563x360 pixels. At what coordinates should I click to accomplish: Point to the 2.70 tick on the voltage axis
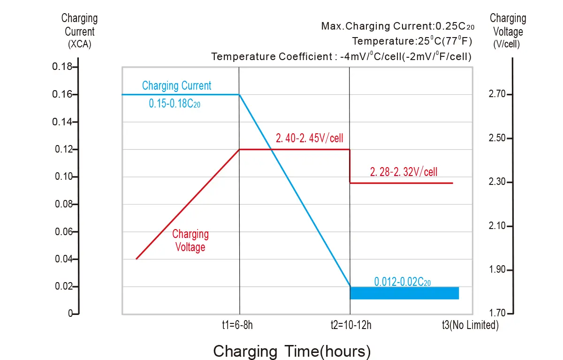pyautogui.click(x=498, y=95)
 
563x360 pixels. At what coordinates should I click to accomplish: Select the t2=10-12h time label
pyautogui.click(x=350, y=325)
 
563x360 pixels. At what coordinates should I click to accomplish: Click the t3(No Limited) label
pyautogui.click(x=470, y=325)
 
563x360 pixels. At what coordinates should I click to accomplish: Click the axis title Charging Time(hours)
pyautogui.click(x=292, y=351)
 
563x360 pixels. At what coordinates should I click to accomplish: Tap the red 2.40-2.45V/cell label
pyautogui.click(x=310, y=138)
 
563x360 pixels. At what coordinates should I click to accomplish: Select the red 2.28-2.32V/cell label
pyautogui.click(x=403, y=172)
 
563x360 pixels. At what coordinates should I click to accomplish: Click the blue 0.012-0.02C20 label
pyautogui.click(x=403, y=282)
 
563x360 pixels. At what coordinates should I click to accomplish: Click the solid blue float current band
pyautogui.click(x=404, y=293)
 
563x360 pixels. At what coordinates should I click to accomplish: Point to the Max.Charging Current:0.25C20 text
pyautogui.click(x=397, y=26)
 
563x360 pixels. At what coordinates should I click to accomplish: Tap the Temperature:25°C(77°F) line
pyautogui.click(x=412, y=41)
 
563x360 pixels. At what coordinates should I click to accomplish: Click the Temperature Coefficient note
pyautogui.click(x=341, y=57)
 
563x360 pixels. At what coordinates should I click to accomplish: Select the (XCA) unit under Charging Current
pyautogui.click(x=79, y=45)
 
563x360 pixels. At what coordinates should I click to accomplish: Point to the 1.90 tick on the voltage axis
pyautogui.click(x=498, y=270)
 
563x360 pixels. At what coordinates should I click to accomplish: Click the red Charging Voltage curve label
pyautogui.click(x=190, y=240)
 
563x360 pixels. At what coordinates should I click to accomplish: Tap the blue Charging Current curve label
pyautogui.click(x=176, y=86)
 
